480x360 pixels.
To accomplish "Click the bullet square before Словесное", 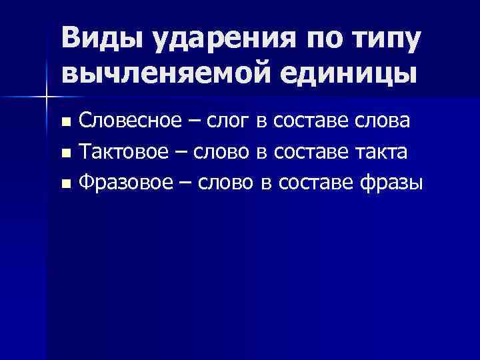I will (x=65, y=123).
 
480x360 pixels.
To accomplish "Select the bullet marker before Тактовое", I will (x=65, y=153).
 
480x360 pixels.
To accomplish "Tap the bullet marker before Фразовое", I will (x=65, y=183).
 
